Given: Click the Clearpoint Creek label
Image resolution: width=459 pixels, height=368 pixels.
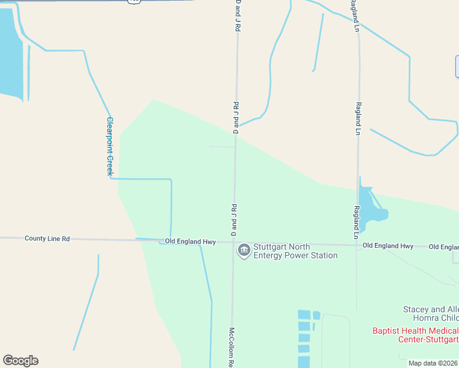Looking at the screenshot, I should point(110,147).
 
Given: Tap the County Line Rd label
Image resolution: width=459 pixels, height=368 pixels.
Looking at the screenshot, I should point(47,238).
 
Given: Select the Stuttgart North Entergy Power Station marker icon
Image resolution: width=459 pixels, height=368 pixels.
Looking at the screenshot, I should point(244,250).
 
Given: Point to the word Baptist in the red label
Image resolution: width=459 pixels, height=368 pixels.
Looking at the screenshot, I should point(388,331).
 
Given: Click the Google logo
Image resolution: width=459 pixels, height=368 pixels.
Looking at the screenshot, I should point(20,361).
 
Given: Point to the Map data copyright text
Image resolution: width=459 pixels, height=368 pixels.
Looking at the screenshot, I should point(433,363).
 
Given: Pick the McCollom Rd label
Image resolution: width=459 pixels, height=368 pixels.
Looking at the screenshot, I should point(233,347).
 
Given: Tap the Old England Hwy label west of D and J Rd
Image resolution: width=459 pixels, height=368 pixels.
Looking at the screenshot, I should point(190,242).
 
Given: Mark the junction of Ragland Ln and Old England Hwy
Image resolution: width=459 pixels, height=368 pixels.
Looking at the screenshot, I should point(357,245).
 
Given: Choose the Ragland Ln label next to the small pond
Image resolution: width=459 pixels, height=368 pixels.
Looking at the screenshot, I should point(356,222).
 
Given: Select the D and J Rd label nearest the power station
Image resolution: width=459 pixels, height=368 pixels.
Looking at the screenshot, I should point(233,220).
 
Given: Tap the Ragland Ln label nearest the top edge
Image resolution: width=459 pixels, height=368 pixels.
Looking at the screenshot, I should point(355,16).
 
